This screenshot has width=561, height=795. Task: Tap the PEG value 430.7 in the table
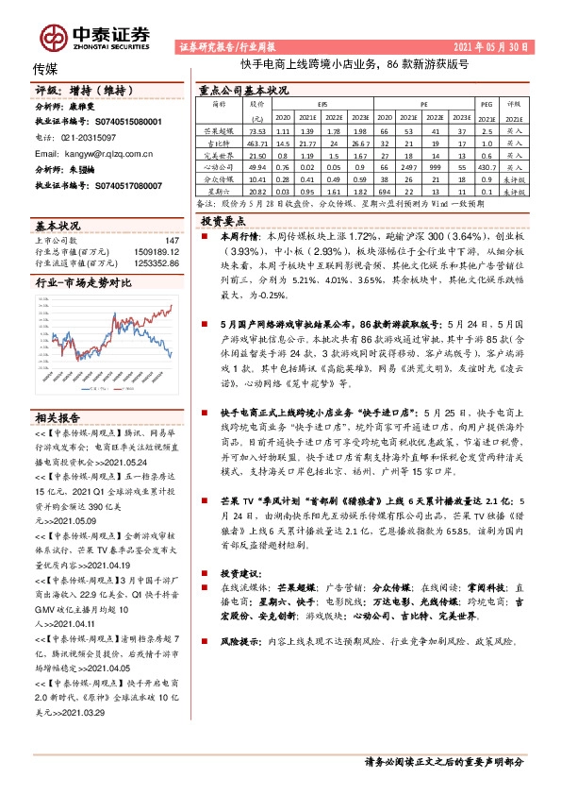(x=487, y=164)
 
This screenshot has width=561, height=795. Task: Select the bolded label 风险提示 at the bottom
(x=239, y=639)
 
